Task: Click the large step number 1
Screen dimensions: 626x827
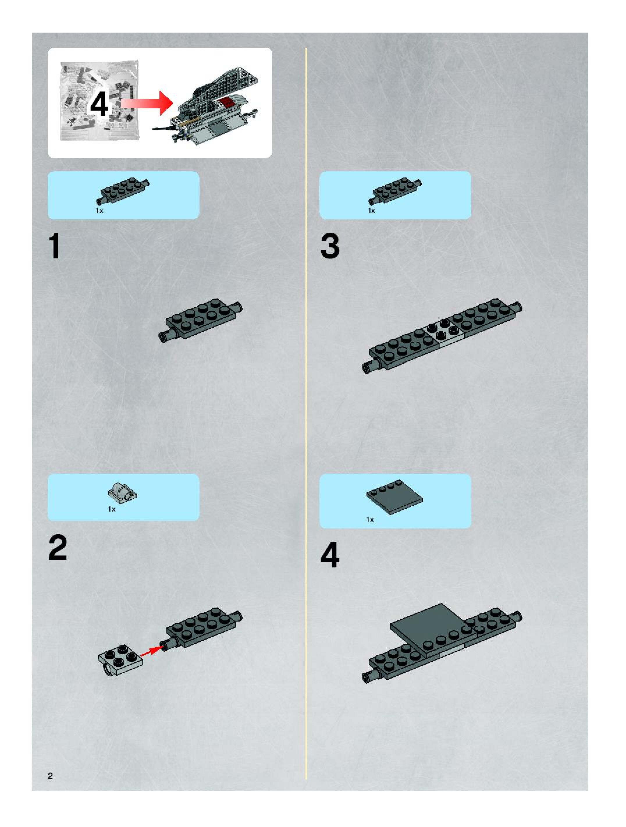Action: coord(55,246)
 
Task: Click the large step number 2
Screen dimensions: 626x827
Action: coord(58,548)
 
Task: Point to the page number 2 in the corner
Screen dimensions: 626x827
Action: coord(50,776)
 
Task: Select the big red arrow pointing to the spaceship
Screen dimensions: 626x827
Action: coord(147,103)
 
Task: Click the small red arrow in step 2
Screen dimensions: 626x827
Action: coord(152,651)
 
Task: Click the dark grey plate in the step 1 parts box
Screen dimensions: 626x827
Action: coord(125,191)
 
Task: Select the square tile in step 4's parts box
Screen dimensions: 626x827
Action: coord(395,497)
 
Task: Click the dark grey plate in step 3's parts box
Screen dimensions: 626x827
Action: coord(397,191)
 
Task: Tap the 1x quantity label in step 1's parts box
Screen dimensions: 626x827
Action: coord(99,211)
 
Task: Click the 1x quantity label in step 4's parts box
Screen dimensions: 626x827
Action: coord(370,520)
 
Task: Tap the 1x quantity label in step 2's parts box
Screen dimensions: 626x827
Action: coord(112,509)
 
